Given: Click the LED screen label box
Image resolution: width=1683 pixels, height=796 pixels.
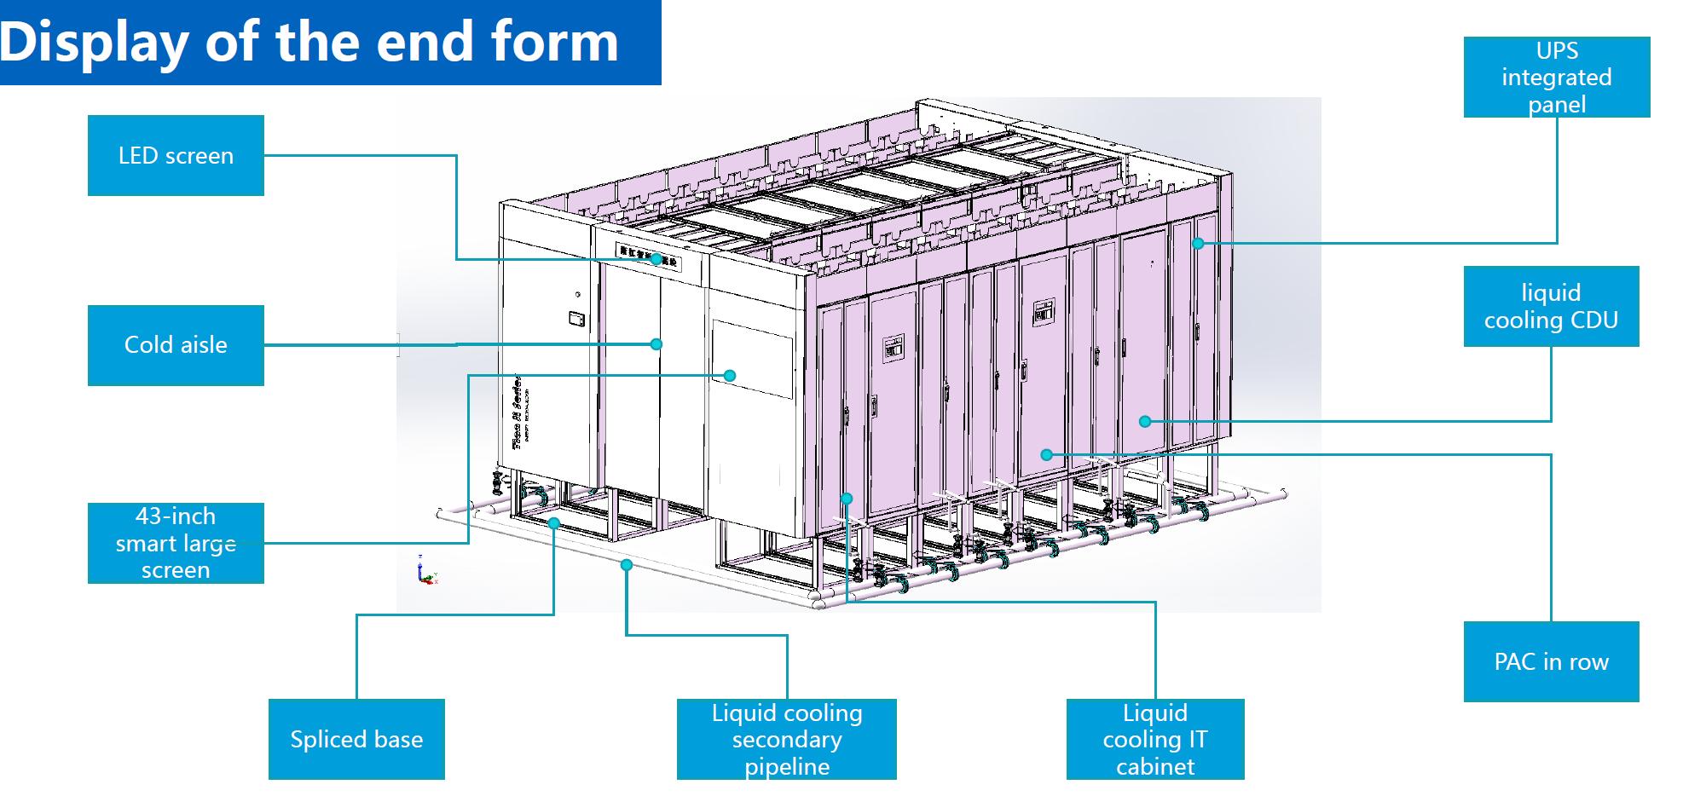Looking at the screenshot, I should click(176, 155).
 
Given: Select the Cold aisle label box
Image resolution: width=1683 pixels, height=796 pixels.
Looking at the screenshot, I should click(176, 344).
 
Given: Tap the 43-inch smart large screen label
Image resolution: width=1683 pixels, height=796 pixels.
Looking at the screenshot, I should click(176, 543).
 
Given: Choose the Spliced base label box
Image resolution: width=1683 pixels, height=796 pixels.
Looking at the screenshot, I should click(356, 739).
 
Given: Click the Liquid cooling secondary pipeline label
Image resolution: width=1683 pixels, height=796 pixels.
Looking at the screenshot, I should click(786, 739).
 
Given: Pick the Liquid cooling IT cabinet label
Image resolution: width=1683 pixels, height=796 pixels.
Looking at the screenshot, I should click(1154, 739).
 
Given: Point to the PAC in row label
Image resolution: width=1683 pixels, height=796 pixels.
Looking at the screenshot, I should click(1551, 661).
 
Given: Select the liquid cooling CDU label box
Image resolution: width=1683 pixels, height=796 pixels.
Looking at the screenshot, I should click(1551, 306).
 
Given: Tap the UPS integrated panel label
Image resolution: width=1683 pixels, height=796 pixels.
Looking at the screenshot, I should click(1556, 77).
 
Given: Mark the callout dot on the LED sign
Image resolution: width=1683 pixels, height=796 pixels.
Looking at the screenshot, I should click(656, 259).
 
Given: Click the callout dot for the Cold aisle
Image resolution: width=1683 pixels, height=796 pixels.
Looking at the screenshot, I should click(656, 344).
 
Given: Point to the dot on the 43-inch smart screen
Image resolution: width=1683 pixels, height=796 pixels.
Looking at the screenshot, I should click(730, 375).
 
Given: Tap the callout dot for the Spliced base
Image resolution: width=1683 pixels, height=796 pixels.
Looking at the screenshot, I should click(553, 523).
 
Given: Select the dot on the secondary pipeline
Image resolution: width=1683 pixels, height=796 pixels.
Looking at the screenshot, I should click(627, 564).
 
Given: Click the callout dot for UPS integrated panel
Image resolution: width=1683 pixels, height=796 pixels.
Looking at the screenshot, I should click(1198, 243).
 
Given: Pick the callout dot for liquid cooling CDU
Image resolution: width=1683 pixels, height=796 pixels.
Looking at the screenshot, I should click(1145, 421).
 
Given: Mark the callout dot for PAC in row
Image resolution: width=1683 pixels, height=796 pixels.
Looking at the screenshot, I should click(1047, 454).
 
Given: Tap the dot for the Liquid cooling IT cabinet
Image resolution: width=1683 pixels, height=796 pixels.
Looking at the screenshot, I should click(847, 499).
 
